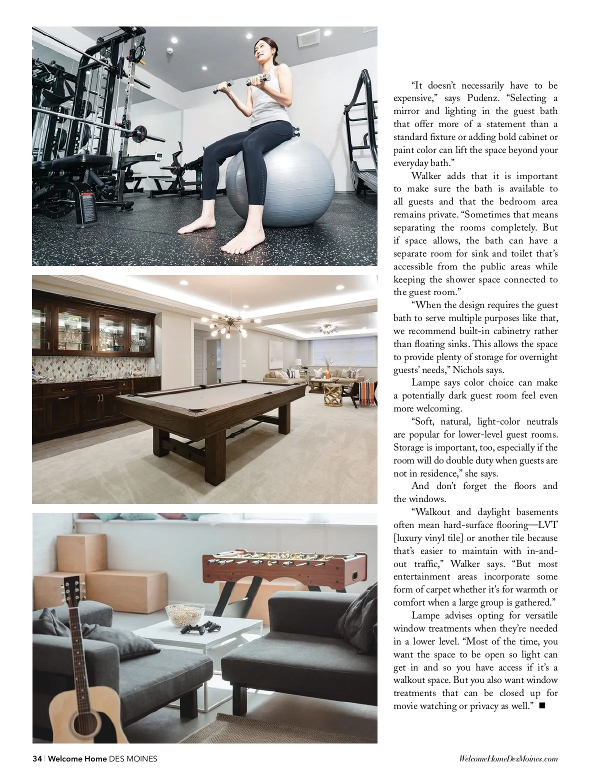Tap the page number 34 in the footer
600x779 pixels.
point(37,758)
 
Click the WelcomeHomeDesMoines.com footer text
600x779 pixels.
point(508,758)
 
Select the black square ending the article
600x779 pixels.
point(542,705)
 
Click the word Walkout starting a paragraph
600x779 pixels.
point(431,512)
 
